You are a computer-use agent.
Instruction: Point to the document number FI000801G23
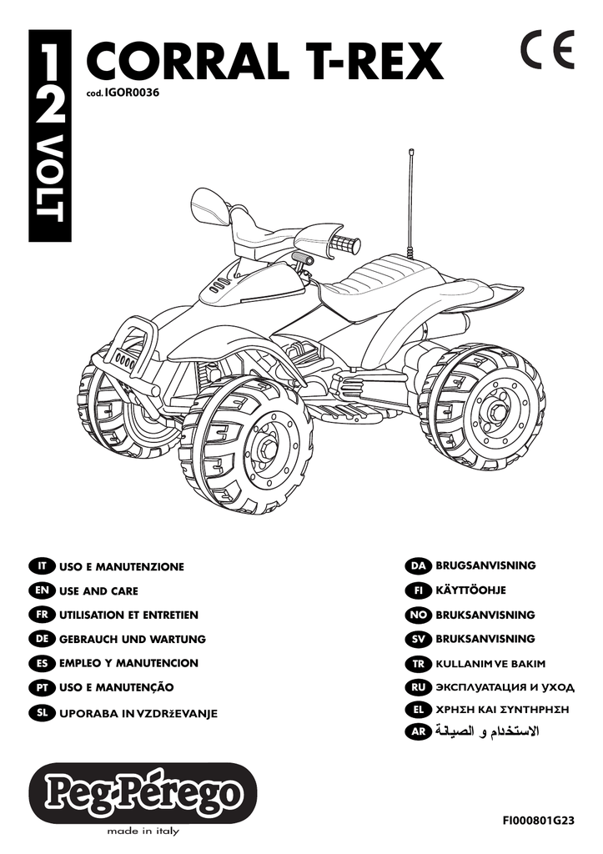539,821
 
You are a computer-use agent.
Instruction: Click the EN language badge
42,590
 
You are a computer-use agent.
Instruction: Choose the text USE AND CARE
98,591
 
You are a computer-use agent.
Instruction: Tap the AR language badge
419,732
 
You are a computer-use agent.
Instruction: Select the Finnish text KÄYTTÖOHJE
470,590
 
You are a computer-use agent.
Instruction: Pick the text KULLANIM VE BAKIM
490,664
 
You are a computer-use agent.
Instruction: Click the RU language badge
419,687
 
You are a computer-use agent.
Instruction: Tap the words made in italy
143,831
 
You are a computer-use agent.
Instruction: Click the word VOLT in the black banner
49,181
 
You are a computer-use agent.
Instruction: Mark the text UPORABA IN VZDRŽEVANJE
138,713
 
